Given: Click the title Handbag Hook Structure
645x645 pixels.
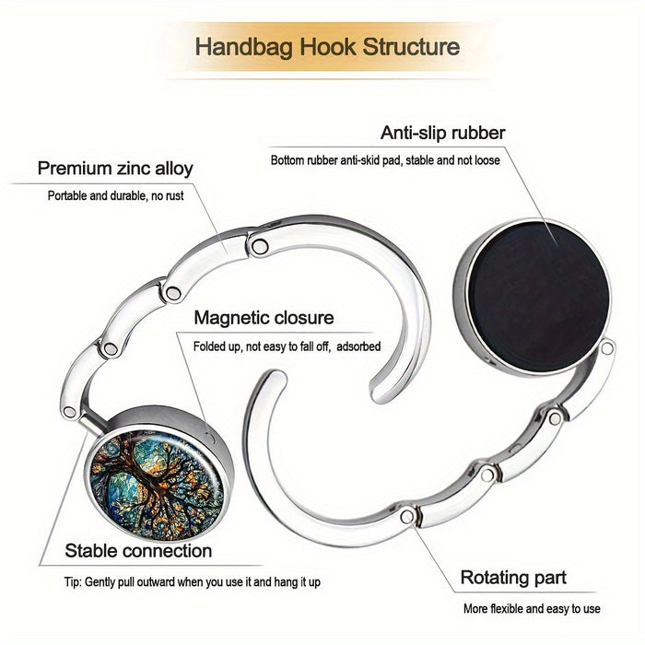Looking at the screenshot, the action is click(327, 46).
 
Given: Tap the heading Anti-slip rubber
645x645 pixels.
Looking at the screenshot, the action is click(442, 133).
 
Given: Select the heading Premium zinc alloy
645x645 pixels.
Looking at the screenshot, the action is click(115, 169).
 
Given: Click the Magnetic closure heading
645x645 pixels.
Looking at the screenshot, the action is click(264, 318).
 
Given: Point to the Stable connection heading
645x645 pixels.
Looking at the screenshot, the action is click(138, 550).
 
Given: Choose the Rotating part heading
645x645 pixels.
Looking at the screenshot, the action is click(513, 578).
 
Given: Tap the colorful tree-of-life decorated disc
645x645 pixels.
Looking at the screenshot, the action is click(157, 486).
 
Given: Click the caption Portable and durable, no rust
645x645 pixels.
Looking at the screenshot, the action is click(115, 195).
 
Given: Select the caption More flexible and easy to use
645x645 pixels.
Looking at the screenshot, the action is click(532, 608).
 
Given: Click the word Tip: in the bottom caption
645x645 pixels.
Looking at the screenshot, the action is click(73, 582).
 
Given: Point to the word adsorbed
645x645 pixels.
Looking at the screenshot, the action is click(358, 346).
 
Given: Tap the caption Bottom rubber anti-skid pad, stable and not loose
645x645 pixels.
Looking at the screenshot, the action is click(385, 160).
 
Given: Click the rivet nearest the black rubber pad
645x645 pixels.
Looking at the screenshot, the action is click(606, 348).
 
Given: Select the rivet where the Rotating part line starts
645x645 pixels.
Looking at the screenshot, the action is click(407, 516).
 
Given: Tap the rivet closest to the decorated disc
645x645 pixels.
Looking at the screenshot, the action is click(69, 412).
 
